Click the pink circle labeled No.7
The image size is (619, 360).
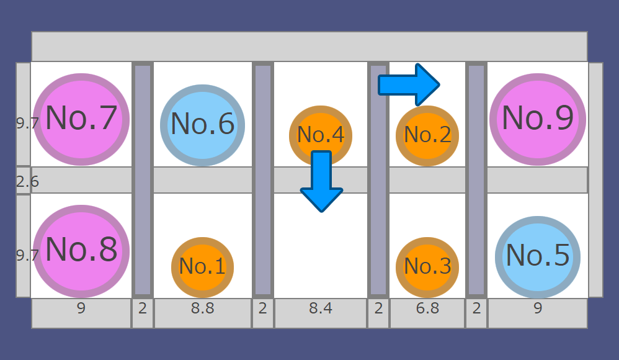point(81,119)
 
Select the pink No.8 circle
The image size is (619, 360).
point(81,250)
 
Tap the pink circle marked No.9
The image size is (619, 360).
point(538,119)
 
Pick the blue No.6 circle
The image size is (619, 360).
point(202,125)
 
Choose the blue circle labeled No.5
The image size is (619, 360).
point(538,256)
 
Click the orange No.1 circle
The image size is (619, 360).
point(202,267)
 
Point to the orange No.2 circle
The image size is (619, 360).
point(427,135)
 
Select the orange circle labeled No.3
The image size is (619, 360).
point(427,267)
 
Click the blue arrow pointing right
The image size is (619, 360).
point(409,84)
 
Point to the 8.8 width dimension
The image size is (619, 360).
point(202,308)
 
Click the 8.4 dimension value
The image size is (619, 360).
point(321,308)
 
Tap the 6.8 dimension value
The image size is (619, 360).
point(427,308)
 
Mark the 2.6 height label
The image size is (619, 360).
point(27,182)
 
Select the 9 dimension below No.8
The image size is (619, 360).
point(81,308)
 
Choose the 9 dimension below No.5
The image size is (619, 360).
point(538,308)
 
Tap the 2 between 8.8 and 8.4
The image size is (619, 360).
point(262,308)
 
